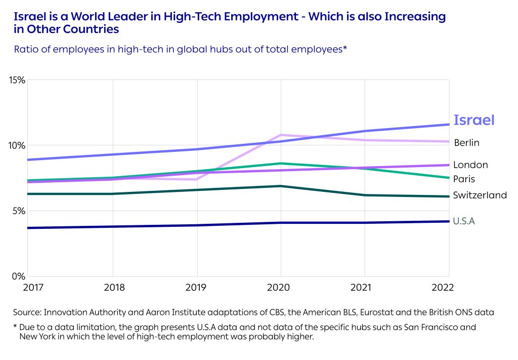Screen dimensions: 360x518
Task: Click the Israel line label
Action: point(473,120)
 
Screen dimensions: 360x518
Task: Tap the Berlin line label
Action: point(466,143)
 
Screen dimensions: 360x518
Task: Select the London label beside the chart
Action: point(470,165)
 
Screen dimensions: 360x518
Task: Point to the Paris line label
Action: point(464,179)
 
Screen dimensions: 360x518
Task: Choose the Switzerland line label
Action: point(480,195)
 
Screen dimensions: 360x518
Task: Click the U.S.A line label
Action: point(464,221)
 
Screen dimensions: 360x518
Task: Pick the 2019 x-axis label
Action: point(196,288)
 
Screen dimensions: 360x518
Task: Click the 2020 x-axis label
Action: point(281,288)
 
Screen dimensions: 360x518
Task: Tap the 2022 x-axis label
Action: point(444,288)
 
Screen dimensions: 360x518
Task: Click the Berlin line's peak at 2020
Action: point(281,135)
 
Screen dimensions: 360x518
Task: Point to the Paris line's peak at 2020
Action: point(281,164)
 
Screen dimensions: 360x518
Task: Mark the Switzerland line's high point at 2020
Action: point(281,186)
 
